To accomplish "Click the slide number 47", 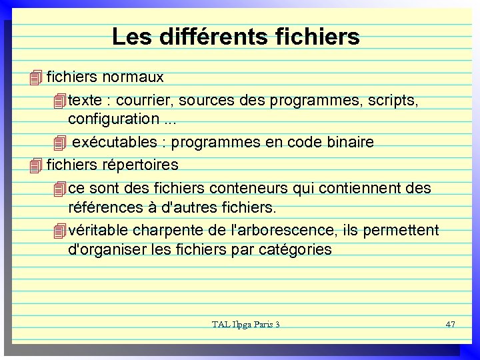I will point(450,324).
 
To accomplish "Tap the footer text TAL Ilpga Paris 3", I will point(245,325).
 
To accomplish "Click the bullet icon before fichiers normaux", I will point(36,79).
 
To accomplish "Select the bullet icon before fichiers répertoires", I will point(36,165).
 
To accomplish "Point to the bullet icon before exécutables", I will point(60,143).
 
